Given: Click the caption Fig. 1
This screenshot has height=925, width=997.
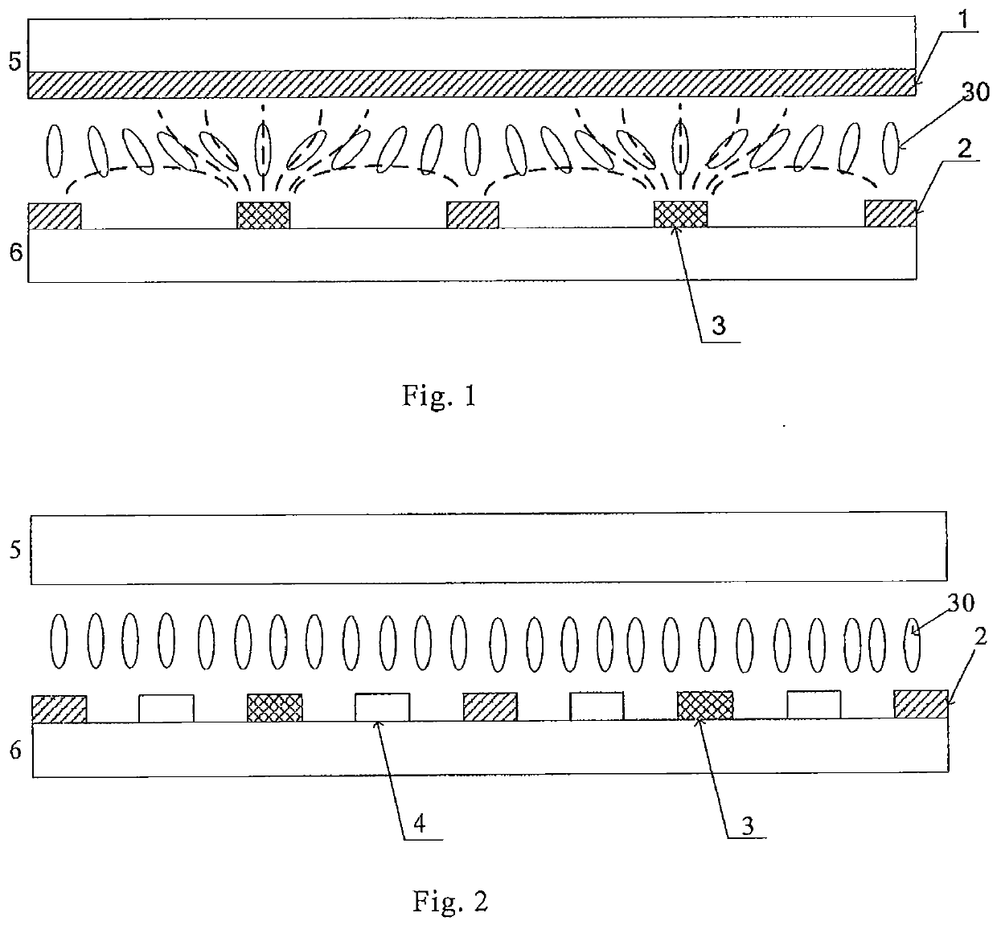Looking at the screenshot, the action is (x=439, y=396).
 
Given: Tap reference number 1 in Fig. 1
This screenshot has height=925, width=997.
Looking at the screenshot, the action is (x=963, y=19).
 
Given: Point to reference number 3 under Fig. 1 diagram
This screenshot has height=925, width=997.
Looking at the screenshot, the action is (x=719, y=325).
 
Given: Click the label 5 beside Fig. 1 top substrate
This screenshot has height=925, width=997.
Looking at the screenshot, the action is (x=15, y=61).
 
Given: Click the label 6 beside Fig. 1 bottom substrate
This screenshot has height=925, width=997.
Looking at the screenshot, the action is (x=15, y=252).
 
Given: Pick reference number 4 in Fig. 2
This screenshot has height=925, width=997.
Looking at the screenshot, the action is (x=419, y=824).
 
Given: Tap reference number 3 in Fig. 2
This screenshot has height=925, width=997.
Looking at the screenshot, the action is (x=748, y=825).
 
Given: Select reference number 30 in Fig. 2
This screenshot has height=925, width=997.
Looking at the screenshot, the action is (x=961, y=602).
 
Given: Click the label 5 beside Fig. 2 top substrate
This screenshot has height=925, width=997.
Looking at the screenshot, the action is (x=15, y=550).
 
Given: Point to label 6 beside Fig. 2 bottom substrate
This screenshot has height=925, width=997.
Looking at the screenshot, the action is (x=15, y=751).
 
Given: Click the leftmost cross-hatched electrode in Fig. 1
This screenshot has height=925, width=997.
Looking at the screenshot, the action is (x=264, y=215).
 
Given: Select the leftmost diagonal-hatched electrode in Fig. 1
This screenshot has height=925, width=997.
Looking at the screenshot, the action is (x=54, y=216).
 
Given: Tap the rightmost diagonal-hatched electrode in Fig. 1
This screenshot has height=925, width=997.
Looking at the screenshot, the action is (x=891, y=213).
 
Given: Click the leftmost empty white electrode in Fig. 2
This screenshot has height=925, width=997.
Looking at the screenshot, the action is (x=166, y=708).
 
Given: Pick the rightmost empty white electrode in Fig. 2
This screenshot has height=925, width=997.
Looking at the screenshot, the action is (x=814, y=705).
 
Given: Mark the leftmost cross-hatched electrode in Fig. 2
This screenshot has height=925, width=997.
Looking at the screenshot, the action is (x=275, y=708).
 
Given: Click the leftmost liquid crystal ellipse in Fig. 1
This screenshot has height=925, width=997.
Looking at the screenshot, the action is (x=55, y=151).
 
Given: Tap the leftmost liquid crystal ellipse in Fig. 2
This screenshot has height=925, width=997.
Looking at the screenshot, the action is (x=59, y=641).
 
